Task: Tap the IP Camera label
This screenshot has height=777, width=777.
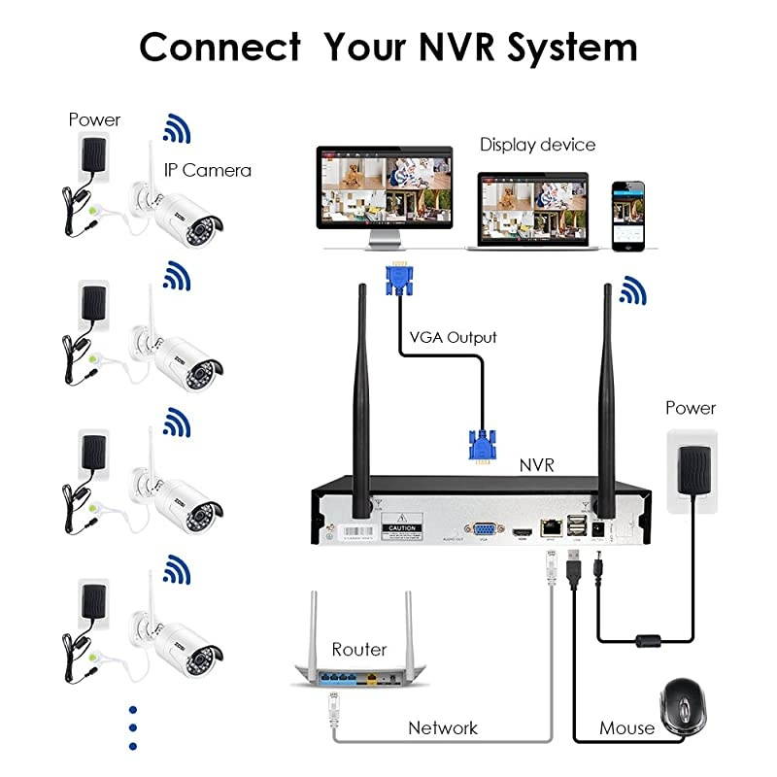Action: [207, 170]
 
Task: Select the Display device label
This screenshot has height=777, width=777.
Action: [537, 145]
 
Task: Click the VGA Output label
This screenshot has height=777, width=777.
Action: [452, 337]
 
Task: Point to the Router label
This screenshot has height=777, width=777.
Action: [359, 649]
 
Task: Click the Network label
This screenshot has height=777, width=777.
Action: [443, 726]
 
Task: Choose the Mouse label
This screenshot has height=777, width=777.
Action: [626, 727]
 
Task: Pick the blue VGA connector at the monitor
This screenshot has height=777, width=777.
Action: [397, 279]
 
